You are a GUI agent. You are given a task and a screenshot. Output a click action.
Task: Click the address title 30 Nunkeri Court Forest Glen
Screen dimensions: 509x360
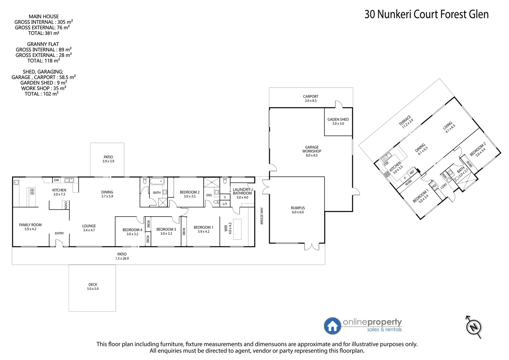(426, 14)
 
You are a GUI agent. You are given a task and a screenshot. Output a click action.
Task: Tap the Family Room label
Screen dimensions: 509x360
(30, 227)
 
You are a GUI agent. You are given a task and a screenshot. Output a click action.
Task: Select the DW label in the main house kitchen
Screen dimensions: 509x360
(56, 180)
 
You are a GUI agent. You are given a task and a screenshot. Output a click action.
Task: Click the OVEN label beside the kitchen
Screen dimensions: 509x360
(66, 205)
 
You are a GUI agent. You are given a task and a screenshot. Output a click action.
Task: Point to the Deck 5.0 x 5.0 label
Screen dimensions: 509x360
(93, 287)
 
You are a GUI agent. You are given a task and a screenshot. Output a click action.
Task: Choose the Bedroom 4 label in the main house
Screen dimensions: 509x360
(132, 232)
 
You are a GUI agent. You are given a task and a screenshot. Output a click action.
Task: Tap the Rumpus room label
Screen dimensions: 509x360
(298, 210)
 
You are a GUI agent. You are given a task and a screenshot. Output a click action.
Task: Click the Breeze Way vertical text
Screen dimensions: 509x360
(262, 216)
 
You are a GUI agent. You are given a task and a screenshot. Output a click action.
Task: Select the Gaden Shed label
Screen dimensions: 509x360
(338, 121)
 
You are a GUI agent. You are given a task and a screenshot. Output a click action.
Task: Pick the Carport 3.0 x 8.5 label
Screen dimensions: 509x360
(311, 98)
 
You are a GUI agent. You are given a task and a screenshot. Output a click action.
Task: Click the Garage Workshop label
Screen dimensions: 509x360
(312, 151)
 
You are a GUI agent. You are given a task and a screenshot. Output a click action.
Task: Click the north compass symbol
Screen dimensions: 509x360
(474, 326)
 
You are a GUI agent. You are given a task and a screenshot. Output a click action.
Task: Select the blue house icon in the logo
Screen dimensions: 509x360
(332, 326)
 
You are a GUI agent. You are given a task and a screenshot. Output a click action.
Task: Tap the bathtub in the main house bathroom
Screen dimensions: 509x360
(157, 182)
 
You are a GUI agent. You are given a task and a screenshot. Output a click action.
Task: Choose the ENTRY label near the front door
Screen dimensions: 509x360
(59, 233)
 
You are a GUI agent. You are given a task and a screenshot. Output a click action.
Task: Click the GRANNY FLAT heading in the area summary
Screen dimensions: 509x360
(43, 44)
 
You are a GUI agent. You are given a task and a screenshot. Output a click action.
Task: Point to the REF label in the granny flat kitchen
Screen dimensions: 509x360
(412, 172)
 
